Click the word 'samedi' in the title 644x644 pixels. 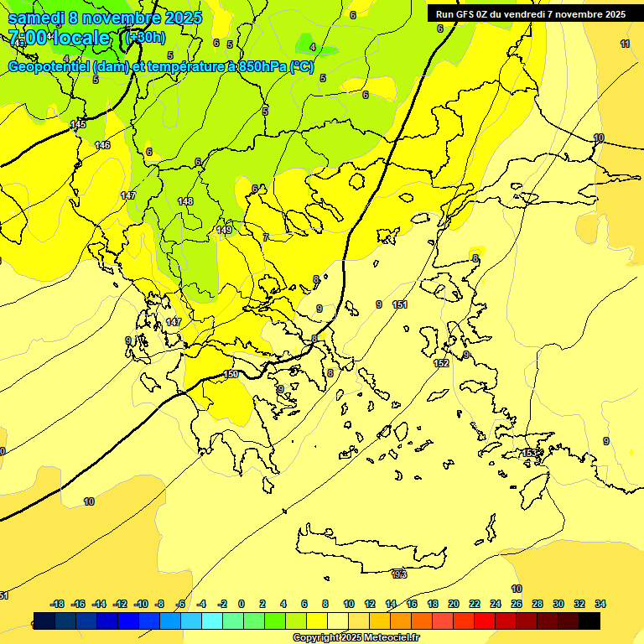[x=36, y=18]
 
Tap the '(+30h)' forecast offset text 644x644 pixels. [x=144, y=38]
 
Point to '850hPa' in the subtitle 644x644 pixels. [x=262, y=67]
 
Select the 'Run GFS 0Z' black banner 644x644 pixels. [x=531, y=14]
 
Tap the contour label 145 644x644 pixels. [x=78, y=125]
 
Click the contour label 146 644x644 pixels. [x=102, y=146]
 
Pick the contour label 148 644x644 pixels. [x=185, y=202]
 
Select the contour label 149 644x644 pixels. [x=224, y=230]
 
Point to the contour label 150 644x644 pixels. [x=231, y=374]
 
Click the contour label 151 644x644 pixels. [x=400, y=304]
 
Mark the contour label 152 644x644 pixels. [x=441, y=363]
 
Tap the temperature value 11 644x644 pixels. [x=625, y=44]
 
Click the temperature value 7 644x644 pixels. [x=266, y=238]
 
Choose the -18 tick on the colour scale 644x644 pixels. [x=58, y=604]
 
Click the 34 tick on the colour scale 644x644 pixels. [x=600, y=604]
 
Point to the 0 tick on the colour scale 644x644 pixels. [x=241, y=604]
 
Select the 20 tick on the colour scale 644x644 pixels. [x=454, y=604]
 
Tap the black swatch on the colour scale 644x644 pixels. [x=589, y=621]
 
